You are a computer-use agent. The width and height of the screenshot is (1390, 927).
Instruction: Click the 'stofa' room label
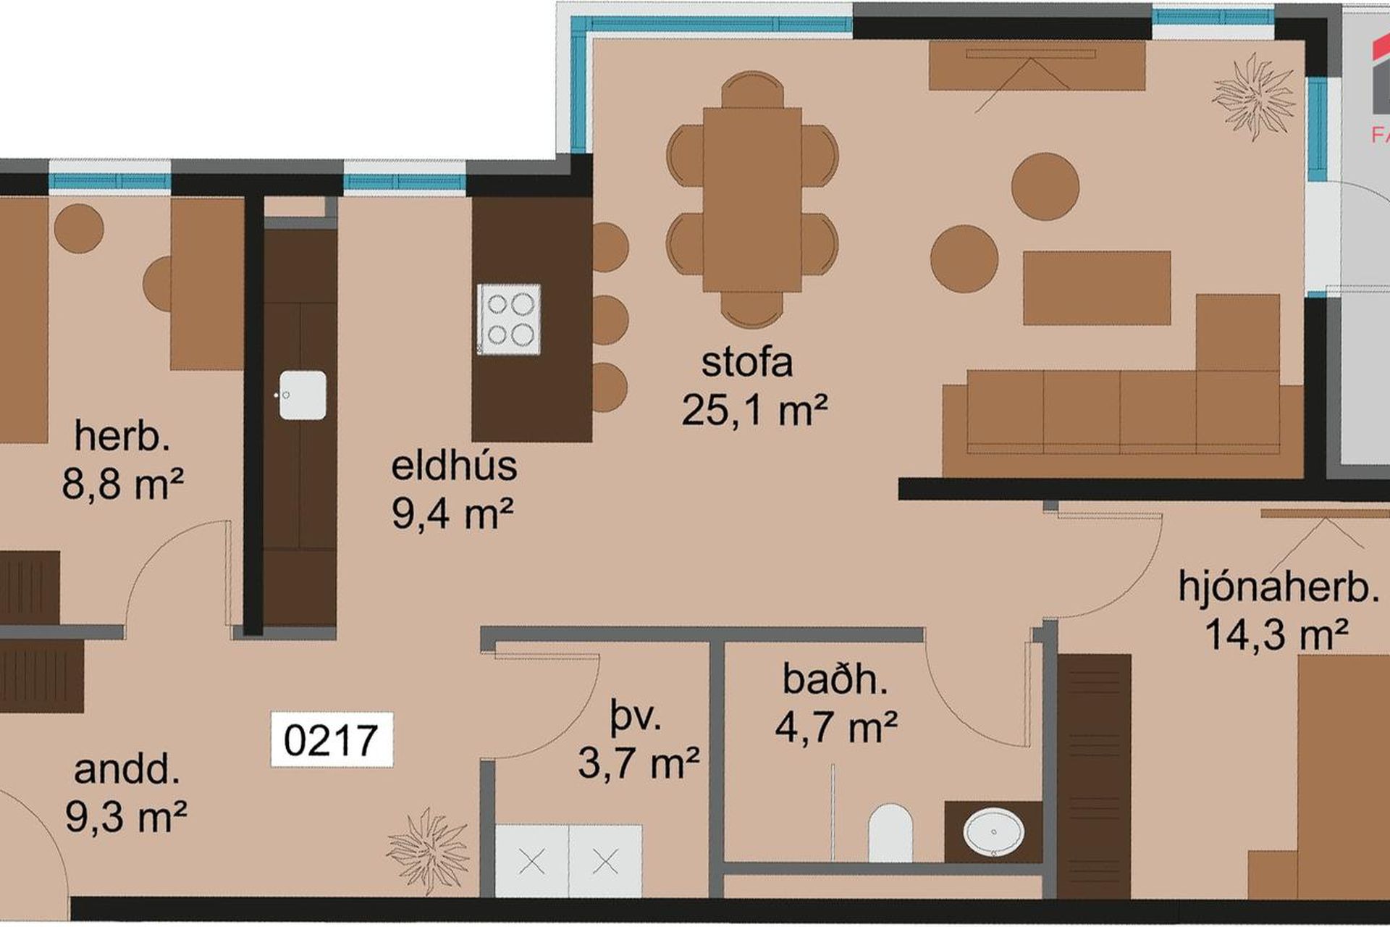746,363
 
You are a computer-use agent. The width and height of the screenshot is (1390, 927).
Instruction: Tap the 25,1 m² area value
754,411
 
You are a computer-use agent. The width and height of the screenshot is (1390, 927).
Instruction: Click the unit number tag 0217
332,740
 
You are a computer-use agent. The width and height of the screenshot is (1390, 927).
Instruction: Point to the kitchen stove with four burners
509,319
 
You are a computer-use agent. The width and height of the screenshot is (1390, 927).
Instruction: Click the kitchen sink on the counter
303,395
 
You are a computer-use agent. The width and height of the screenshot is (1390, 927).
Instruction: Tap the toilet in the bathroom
890,832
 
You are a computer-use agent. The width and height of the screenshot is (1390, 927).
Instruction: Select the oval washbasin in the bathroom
993,831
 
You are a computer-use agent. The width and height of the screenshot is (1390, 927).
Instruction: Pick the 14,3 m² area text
1276,635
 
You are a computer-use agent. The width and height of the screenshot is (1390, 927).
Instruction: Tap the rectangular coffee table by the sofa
1097,288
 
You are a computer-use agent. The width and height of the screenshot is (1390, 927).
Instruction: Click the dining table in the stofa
752,200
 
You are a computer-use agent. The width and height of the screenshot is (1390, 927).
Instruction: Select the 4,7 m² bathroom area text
836,727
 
